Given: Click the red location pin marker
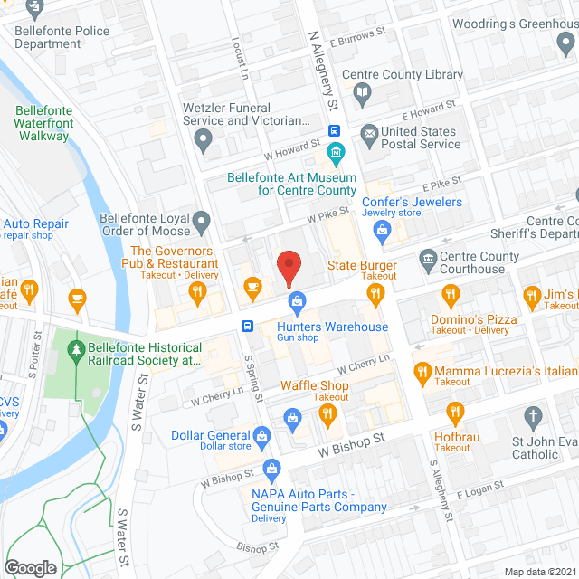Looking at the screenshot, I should point(288,266).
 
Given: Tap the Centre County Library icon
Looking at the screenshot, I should point(362,92).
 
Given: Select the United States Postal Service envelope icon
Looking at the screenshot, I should point(369,137).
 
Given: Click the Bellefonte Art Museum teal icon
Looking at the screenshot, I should point(336,150).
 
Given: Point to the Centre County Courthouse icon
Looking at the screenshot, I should point(427,262).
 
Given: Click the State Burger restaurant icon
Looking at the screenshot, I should point(375,292).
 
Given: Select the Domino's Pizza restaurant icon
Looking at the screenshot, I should point(450,295).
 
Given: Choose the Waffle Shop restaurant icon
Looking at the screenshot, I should point(327,414).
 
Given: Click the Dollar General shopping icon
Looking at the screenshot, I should point(261,436).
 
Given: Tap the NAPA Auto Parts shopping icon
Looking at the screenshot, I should point(270,468).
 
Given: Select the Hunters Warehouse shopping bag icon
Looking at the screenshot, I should point(295,299).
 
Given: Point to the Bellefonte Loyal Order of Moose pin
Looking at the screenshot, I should point(203,220).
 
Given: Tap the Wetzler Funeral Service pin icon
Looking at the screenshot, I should point(203,140).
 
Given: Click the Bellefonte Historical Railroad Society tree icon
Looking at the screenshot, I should point(77,348).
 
